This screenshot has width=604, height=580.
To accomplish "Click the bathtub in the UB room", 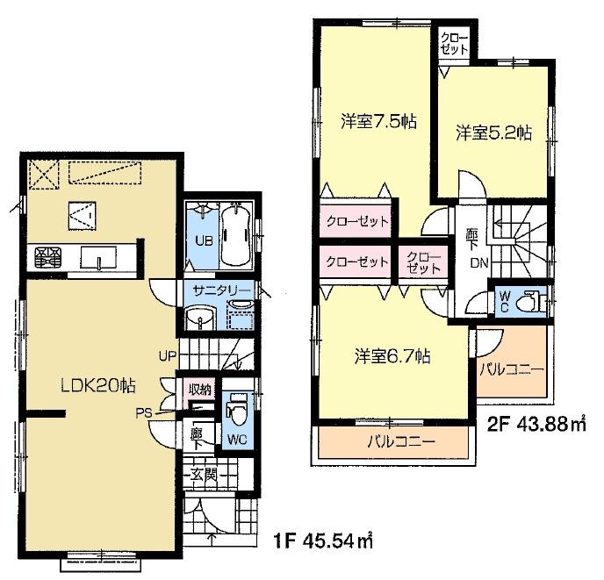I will click(x=235, y=234).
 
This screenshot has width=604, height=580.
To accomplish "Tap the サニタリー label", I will click(x=218, y=290).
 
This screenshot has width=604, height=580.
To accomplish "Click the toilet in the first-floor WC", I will click(x=235, y=409).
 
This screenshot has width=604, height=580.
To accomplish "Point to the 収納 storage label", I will click(x=198, y=387).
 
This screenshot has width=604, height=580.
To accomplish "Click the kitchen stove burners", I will click(x=45, y=257).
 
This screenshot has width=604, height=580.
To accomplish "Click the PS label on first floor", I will click(x=142, y=410).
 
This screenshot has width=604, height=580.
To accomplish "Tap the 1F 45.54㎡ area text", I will click(x=318, y=541).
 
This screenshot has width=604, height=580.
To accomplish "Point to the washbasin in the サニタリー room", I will click(x=201, y=319).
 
